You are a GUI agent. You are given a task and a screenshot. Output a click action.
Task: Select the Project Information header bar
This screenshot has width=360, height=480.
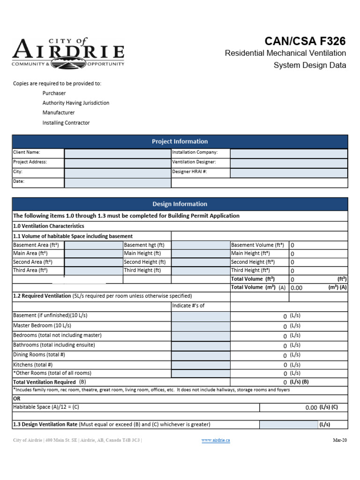180,142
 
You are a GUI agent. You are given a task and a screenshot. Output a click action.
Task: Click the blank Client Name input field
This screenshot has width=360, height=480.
118,153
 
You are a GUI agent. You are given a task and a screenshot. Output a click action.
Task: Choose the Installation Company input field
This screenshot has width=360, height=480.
289,153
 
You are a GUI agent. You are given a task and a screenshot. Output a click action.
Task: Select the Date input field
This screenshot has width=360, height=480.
118,182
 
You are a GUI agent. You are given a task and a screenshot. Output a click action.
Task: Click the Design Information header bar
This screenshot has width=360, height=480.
180,204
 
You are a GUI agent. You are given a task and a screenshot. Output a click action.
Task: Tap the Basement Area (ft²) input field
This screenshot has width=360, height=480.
93,245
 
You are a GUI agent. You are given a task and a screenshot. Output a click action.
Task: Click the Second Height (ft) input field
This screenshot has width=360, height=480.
201,262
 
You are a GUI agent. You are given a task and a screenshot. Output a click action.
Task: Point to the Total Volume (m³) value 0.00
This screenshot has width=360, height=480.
297,288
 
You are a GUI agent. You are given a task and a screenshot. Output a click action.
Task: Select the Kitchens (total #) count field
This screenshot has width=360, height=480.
201,365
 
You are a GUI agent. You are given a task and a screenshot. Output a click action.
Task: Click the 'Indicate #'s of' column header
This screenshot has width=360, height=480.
189,306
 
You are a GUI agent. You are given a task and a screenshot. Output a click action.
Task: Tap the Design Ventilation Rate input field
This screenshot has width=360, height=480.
288,425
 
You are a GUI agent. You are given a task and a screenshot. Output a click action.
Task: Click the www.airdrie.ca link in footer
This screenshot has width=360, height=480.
216,441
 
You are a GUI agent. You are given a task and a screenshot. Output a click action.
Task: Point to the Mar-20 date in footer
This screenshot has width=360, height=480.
340,441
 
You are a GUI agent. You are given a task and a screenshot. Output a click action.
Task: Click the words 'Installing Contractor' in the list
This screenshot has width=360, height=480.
66,123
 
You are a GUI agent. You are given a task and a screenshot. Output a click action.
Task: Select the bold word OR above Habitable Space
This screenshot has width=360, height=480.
17,398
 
